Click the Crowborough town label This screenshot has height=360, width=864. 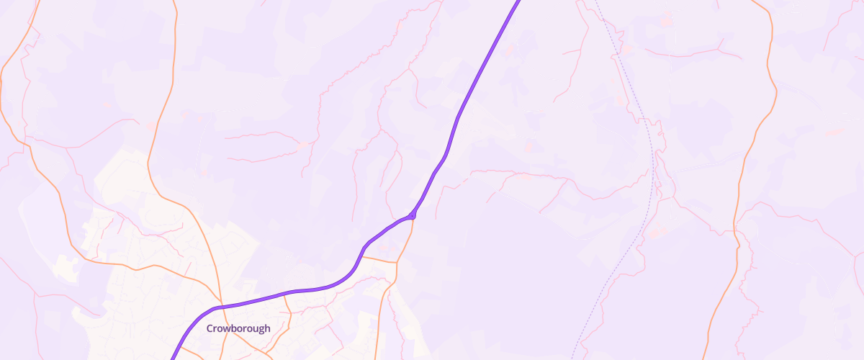point(238,328)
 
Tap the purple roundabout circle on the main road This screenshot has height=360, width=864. point(412,215)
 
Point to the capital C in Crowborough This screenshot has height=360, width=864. point(210,328)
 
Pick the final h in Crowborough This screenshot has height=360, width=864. point(267,328)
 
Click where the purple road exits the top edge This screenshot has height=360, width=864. point(518,1)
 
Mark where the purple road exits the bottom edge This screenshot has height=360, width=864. point(171,358)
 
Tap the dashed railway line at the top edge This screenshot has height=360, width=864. point(595,1)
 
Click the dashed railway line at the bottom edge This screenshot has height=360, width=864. point(573,358)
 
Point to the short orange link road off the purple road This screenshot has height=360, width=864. point(379,258)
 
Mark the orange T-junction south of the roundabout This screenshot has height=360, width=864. point(396,261)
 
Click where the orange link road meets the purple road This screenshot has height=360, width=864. point(361,256)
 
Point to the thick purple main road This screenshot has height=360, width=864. point(468,94)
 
